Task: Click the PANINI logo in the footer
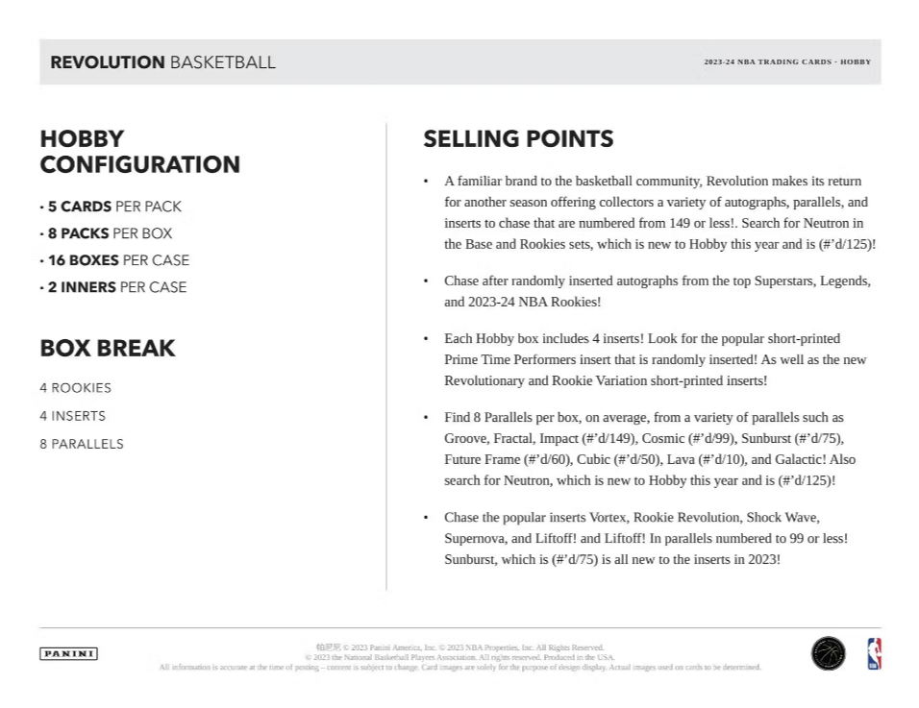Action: tap(68, 654)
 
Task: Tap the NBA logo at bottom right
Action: tap(874, 653)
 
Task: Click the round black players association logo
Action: tap(828, 653)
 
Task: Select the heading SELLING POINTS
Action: tap(518, 139)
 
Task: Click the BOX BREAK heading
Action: tap(108, 349)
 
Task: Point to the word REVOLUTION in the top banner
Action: tap(108, 62)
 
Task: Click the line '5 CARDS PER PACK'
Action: tap(114, 207)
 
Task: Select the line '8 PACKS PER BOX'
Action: tap(110, 233)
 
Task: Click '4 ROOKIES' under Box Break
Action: tap(75, 388)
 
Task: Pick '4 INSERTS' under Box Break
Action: tap(72, 416)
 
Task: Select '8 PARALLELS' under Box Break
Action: tap(81, 444)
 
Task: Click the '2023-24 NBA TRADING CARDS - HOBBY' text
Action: tap(787, 62)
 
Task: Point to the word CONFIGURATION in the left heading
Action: tap(140, 164)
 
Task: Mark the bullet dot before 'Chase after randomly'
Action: tap(426, 281)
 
